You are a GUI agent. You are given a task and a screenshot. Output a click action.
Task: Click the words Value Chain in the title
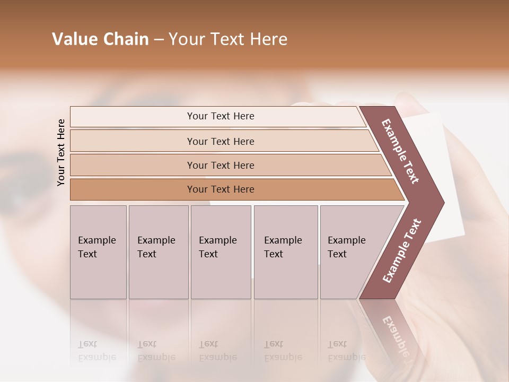(x=100, y=39)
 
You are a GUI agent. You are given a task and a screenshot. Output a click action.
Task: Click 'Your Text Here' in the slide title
(x=228, y=39)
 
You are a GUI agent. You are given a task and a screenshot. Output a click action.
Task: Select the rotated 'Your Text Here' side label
(x=61, y=152)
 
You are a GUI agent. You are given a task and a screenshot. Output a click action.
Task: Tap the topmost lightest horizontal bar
(x=220, y=116)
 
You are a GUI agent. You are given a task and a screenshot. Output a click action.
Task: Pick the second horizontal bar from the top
(x=220, y=141)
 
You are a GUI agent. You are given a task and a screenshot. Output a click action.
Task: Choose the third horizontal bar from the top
(x=220, y=165)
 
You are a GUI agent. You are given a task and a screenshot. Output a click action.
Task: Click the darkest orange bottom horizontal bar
(x=220, y=189)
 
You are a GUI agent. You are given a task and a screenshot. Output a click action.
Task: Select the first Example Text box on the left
(x=98, y=252)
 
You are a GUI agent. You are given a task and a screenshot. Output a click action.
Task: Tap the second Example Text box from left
(x=158, y=252)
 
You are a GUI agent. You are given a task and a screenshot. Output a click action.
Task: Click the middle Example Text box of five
(x=221, y=252)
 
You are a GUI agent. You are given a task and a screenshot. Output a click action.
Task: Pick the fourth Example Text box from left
(x=285, y=252)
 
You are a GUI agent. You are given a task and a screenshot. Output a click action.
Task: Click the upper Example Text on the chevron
(x=400, y=151)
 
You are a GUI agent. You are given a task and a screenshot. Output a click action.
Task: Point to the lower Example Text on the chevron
(x=402, y=250)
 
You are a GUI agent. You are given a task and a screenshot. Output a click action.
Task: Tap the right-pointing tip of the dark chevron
(x=442, y=203)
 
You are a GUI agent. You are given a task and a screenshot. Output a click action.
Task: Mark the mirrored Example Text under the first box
(x=97, y=351)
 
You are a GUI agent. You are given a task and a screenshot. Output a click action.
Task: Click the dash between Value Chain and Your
(x=159, y=40)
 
